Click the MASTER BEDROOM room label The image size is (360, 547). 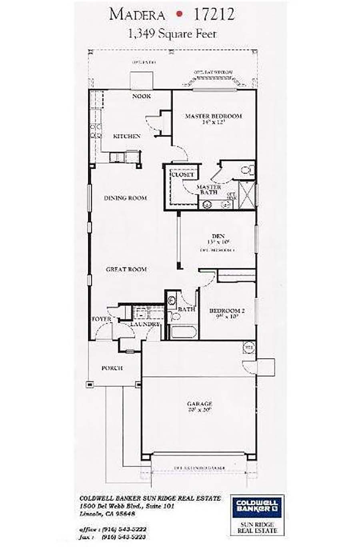[213, 116]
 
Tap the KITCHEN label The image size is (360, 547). [126, 136]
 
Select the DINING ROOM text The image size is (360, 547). [125, 198]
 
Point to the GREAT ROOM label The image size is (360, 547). [126, 270]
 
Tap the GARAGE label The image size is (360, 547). [199, 404]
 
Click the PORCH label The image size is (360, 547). [112, 368]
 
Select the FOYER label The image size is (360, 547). [102, 319]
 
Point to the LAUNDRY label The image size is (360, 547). [144, 324]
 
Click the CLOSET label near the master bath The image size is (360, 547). [182, 175]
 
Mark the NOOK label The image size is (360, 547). [141, 96]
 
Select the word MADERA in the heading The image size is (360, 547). [137, 15]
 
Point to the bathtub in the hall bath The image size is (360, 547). [182, 332]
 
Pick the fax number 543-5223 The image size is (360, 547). [128, 537]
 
